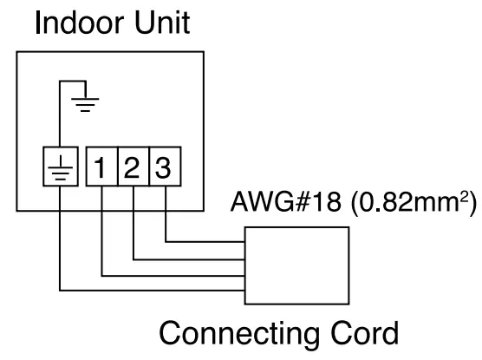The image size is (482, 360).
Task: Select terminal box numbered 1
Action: tap(102, 167)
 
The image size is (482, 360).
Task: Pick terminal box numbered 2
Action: tap(133, 167)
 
